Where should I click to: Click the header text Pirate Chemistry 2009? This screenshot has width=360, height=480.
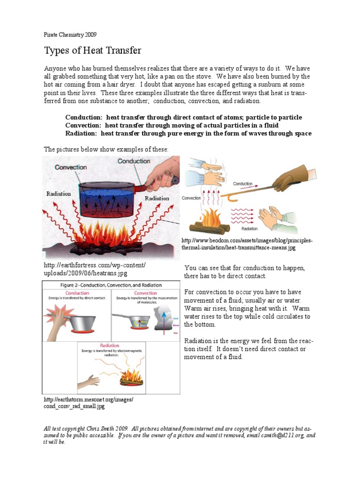tap(70, 35)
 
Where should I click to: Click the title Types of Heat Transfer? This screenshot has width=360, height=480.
tap(92, 50)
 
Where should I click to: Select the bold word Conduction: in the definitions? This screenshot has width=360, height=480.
tap(84, 117)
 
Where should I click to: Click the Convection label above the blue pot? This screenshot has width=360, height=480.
tap(71, 167)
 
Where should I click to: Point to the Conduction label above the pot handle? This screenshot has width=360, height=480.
tap(134, 161)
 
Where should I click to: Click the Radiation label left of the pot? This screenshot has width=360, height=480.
tap(59, 194)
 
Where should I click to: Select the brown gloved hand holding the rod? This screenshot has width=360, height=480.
tap(290, 178)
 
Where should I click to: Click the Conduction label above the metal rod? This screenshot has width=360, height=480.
tap(243, 184)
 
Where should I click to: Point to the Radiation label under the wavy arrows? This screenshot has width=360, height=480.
tap(249, 229)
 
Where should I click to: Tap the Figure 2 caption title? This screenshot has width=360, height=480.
tap(111, 285)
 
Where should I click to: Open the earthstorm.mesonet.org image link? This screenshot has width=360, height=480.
tap(89, 403)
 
